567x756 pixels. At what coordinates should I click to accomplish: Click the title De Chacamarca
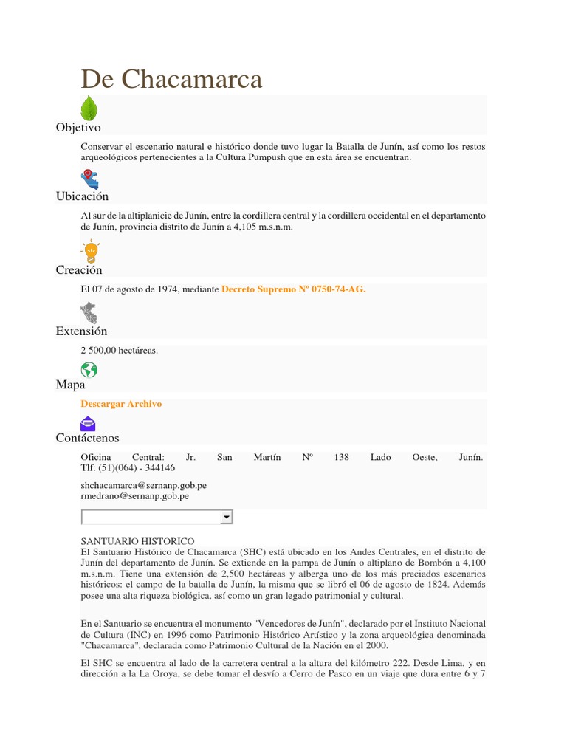(171, 79)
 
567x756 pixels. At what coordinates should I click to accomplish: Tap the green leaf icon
(89, 109)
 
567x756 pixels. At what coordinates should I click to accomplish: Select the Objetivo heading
(78, 128)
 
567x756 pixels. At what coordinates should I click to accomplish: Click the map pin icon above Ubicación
(89, 179)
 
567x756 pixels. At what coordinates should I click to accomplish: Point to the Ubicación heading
(82, 196)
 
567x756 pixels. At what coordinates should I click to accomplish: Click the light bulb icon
(91, 251)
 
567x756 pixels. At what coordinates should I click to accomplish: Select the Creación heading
(79, 270)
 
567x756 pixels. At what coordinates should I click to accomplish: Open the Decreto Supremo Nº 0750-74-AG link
(294, 289)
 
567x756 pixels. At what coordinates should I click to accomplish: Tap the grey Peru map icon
(89, 313)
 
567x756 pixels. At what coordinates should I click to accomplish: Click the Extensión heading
(81, 331)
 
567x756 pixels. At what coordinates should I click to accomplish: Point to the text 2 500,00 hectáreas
(120, 351)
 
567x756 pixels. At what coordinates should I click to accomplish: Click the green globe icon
(89, 369)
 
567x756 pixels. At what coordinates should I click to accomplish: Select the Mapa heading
(70, 385)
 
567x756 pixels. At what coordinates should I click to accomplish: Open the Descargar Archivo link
(121, 404)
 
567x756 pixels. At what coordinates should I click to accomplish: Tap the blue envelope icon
(88, 423)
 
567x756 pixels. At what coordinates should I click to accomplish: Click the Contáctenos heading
(87, 439)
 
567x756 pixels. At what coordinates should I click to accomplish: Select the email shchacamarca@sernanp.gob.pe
(143, 486)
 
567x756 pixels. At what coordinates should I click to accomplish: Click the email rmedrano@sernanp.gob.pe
(134, 496)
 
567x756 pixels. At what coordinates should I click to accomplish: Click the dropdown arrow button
(227, 518)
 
